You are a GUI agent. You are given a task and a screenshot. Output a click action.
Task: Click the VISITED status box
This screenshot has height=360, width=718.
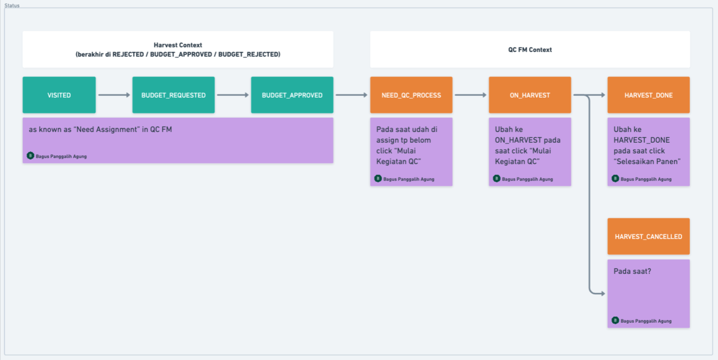coord(59,95)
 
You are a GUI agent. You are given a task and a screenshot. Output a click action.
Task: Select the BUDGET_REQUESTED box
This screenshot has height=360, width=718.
coord(173,95)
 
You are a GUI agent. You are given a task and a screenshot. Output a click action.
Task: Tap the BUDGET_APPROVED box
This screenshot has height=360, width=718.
coord(292,95)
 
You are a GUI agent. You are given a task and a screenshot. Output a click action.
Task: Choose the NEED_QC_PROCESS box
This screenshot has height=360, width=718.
coord(411,95)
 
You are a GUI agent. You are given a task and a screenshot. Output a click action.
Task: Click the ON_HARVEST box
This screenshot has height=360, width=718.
coord(530,95)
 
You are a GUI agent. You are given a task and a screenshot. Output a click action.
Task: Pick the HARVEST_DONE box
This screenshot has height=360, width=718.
coord(648,95)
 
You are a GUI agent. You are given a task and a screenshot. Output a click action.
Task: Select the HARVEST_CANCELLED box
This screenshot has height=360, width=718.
coord(648,237)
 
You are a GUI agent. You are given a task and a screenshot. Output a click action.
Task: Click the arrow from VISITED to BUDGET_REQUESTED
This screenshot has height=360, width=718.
coord(114,95)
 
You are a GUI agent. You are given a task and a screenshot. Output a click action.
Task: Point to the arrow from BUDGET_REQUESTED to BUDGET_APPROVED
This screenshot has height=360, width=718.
coord(233,95)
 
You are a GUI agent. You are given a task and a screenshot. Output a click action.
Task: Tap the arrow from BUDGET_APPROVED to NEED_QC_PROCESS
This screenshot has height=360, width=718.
coord(352,95)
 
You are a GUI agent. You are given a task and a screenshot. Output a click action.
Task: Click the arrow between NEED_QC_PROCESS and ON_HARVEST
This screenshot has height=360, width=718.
coord(471,95)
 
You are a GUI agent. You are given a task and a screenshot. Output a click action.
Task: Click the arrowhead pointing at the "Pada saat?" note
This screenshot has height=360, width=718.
coord(603,293)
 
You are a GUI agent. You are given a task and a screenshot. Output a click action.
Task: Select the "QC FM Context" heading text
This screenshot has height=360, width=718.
coord(530,50)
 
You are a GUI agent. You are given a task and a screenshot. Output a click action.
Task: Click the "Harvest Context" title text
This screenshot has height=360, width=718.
coord(178,45)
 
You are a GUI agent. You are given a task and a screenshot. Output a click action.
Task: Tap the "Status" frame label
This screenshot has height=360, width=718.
coord(12,6)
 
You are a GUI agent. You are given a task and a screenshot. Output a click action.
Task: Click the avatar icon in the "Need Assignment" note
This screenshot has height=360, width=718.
coord(30,156)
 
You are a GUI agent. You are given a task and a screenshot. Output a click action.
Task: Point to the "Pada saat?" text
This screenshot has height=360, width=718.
coord(632,271)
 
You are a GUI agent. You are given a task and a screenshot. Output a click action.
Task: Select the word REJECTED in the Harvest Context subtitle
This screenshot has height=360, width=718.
coord(128,54)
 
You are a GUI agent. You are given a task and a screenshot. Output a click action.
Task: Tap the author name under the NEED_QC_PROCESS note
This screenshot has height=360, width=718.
coord(409,179)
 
